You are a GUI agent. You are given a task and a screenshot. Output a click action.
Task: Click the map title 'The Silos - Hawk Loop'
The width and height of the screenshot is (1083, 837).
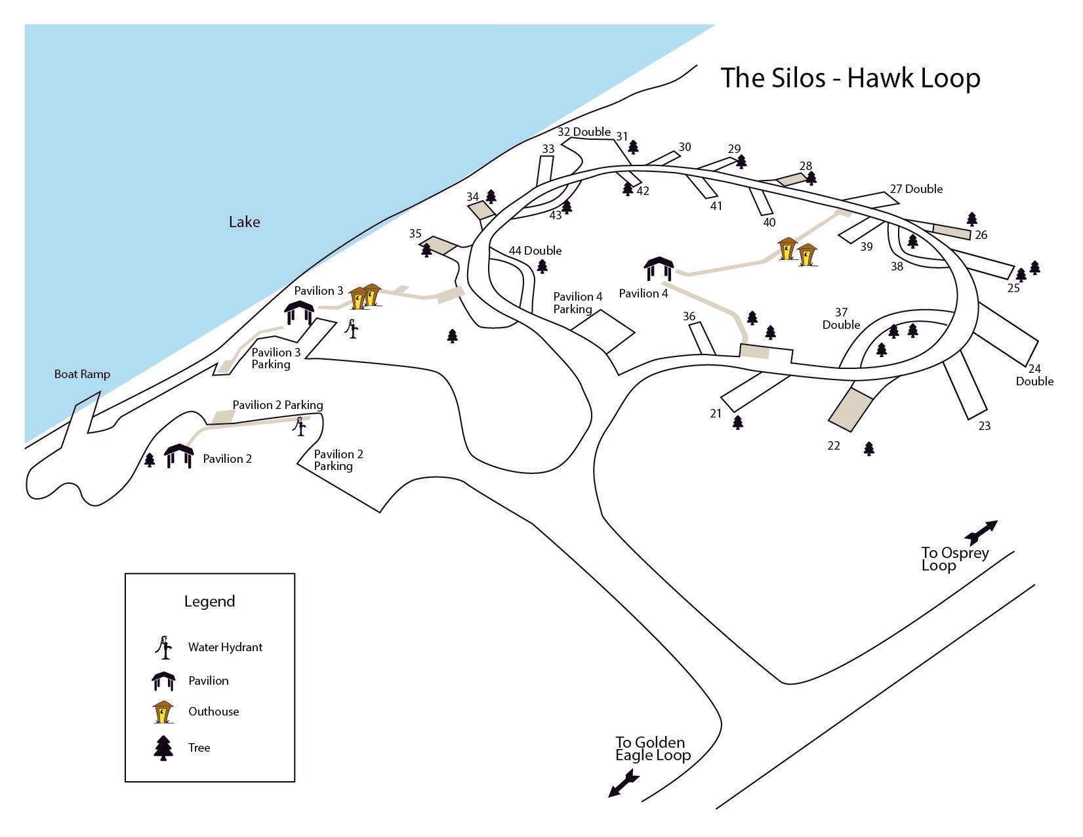tap(850, 78)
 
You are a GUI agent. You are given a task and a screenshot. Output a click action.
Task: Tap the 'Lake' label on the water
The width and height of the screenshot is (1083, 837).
tap(244, 222)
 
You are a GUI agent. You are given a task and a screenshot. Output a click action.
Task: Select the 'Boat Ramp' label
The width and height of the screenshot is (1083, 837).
tap(82, 374)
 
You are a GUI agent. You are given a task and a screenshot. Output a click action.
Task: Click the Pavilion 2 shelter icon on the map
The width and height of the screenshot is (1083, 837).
tap(178, 456)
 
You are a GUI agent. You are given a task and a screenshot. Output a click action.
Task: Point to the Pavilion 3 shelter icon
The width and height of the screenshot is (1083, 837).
tap(300, 312)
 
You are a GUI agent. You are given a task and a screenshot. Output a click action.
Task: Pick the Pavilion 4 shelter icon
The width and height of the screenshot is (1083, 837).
tap(659, 269)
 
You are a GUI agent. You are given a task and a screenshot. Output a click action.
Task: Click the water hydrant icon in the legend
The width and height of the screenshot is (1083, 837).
tap(163, 647)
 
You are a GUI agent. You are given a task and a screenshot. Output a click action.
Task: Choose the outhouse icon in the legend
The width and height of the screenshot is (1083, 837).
tap(163, 712)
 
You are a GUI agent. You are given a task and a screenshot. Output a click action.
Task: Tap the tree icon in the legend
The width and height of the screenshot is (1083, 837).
tap(163, 748)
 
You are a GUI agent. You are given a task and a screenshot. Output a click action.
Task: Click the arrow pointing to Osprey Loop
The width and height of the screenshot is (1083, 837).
tap(981, 530)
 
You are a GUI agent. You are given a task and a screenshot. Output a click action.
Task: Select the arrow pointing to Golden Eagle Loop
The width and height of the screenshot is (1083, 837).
tap(623, 784)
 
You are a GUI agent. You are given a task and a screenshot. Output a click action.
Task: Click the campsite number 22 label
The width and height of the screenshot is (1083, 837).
tap(833, 446)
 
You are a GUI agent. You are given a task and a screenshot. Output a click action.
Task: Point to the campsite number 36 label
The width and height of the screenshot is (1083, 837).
tap(689, 316)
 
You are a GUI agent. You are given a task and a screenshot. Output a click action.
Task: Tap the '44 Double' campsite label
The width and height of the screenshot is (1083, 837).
tap(535, 251)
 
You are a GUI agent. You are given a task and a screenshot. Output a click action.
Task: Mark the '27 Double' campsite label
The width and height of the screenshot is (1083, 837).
tap(916, 189)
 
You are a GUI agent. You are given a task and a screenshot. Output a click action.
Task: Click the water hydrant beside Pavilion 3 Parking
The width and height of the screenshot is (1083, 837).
tap(354, 328)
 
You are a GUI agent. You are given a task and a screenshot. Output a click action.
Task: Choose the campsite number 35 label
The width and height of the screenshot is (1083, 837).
tap(415, 233)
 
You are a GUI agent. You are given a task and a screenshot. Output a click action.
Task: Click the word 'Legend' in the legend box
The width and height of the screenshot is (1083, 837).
tap(209, 601)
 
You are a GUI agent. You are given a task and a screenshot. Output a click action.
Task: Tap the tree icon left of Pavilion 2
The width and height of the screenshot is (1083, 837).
tap(150, 460)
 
